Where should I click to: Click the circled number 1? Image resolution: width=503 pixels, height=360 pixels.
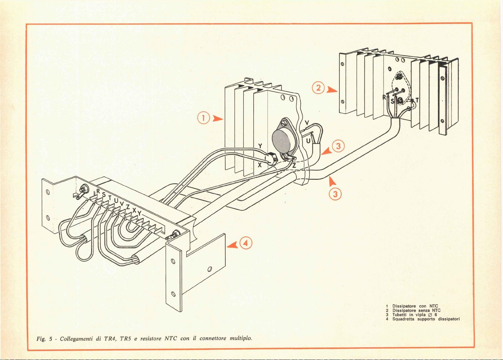[204, 118]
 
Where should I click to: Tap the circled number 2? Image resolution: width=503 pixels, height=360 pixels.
[318, 88]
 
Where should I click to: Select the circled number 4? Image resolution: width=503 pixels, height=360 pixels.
[246, 243]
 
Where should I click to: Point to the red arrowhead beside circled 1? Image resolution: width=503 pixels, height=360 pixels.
[217, 118]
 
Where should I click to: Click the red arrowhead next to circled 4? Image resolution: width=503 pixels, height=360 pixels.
[232, 245]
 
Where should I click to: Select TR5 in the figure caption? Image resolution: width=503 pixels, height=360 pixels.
[125, 339]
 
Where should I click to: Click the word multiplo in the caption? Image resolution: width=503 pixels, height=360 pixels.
[241, 338]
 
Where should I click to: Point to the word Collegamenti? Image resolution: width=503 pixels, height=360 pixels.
[76, 339]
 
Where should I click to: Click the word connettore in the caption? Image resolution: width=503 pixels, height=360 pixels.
[213, 338]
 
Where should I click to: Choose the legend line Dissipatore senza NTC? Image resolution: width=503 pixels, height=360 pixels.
[416, 310]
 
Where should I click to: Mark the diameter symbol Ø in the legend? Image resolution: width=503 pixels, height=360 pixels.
[430, 315]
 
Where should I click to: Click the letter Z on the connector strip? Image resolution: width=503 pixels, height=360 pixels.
[128, 207]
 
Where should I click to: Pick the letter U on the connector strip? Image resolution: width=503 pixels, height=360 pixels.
[116, 200]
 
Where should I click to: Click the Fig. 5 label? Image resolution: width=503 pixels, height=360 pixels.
[44, 339]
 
